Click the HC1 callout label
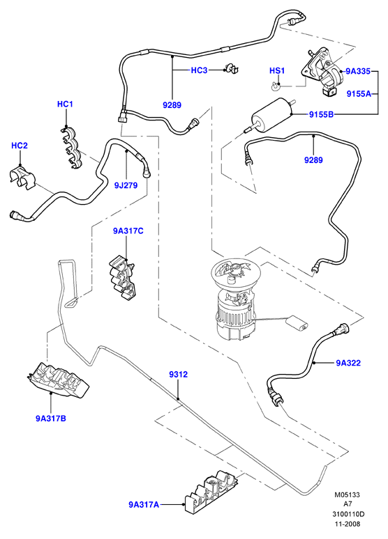click(x=65, y=104)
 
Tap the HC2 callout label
click(x=20, y=146)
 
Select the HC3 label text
click(x=199, y=70)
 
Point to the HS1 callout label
click(x=277, y=71)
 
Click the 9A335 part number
click(x=358, y=71)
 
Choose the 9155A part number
click(x=359, y=93)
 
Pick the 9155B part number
click(x=321, y=114)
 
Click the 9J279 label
click(x=126, y=186)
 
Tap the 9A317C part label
click(x=128, y=231)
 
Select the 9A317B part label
click(x=51, y=419)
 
